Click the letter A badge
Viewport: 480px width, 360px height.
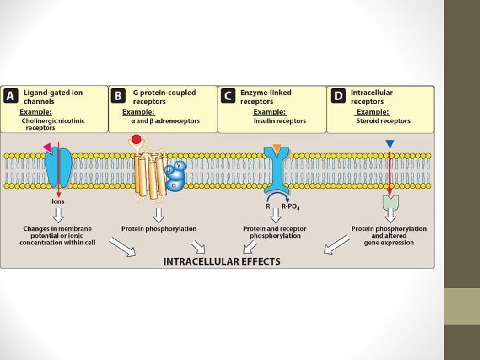coord(10,96)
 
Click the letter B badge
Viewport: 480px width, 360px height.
coord(118,96)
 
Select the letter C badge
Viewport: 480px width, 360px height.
coord(227,96)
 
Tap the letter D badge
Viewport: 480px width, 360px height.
coord(338,96)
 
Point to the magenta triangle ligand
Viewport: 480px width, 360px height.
coord(47,147)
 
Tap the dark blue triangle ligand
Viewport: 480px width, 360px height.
coord(390,143)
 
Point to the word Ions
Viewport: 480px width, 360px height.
coord(58,201)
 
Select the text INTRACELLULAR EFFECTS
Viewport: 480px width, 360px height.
coord(222,261)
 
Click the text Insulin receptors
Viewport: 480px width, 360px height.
coord(279,121)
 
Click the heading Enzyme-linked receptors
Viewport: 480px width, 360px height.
coord(265,97)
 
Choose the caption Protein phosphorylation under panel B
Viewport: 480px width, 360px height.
coord(159,229)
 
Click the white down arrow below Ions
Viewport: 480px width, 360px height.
coord(58,214)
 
